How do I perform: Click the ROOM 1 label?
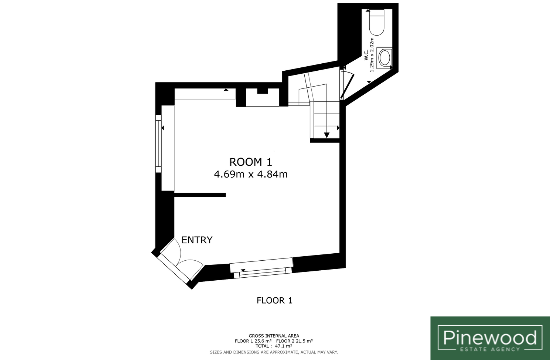251,162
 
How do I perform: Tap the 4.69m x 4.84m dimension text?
251,174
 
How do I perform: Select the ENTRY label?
197,240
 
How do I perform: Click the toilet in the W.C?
377,23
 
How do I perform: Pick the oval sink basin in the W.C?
384,58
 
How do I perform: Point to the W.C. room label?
366,55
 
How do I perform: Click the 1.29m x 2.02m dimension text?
372,55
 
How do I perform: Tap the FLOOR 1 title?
274,300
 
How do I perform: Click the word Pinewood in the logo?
490,338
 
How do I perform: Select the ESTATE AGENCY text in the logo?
490,349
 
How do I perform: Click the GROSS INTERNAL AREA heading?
274,336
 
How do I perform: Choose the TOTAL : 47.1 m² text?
274,346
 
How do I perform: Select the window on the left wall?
158,144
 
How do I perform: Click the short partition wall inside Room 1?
200,195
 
